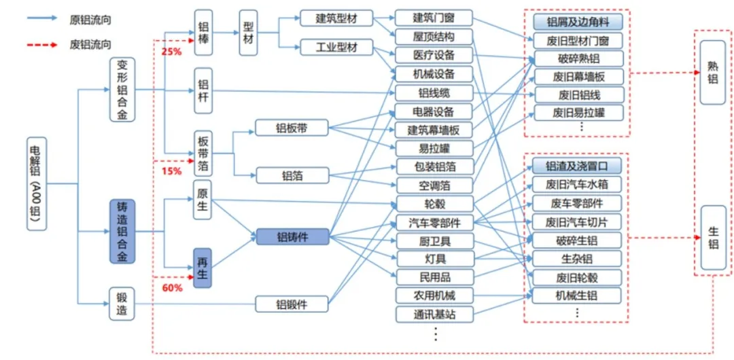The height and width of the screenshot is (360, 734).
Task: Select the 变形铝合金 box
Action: (x=122, y=89)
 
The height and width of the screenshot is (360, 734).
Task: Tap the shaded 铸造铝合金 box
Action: (x=122, y=232)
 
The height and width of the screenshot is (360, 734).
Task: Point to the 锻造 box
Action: (x=122, y=304)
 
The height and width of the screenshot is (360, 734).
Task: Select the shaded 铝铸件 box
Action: (x=292, y=237)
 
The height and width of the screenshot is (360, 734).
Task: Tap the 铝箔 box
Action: (x=292, y=175)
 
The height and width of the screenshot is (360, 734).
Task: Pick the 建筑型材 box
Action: (x=337, y=18)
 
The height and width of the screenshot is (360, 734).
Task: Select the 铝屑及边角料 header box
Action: (x=577, y=22)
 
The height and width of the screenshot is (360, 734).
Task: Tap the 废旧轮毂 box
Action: (x=577, y=277)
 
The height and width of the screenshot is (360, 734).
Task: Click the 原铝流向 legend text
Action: (x=90, y=20)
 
